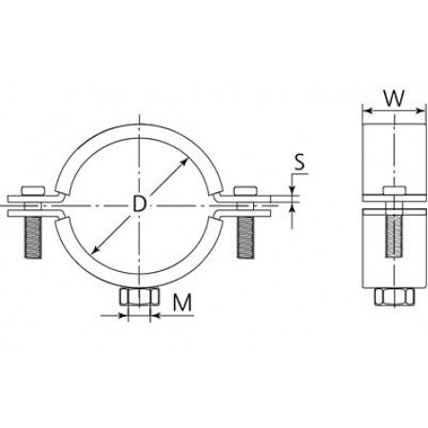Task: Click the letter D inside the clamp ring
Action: [x=139, y=204]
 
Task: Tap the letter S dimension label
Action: [x=298, y=163]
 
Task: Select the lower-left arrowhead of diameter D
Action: [x=93, y=250]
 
